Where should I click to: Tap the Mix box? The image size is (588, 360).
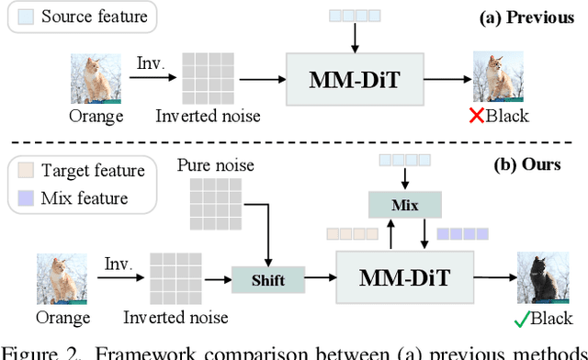coord(405,204)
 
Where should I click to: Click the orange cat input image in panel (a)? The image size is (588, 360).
coord(96,78)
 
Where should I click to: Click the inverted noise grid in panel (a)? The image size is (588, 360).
coord(208,78)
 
